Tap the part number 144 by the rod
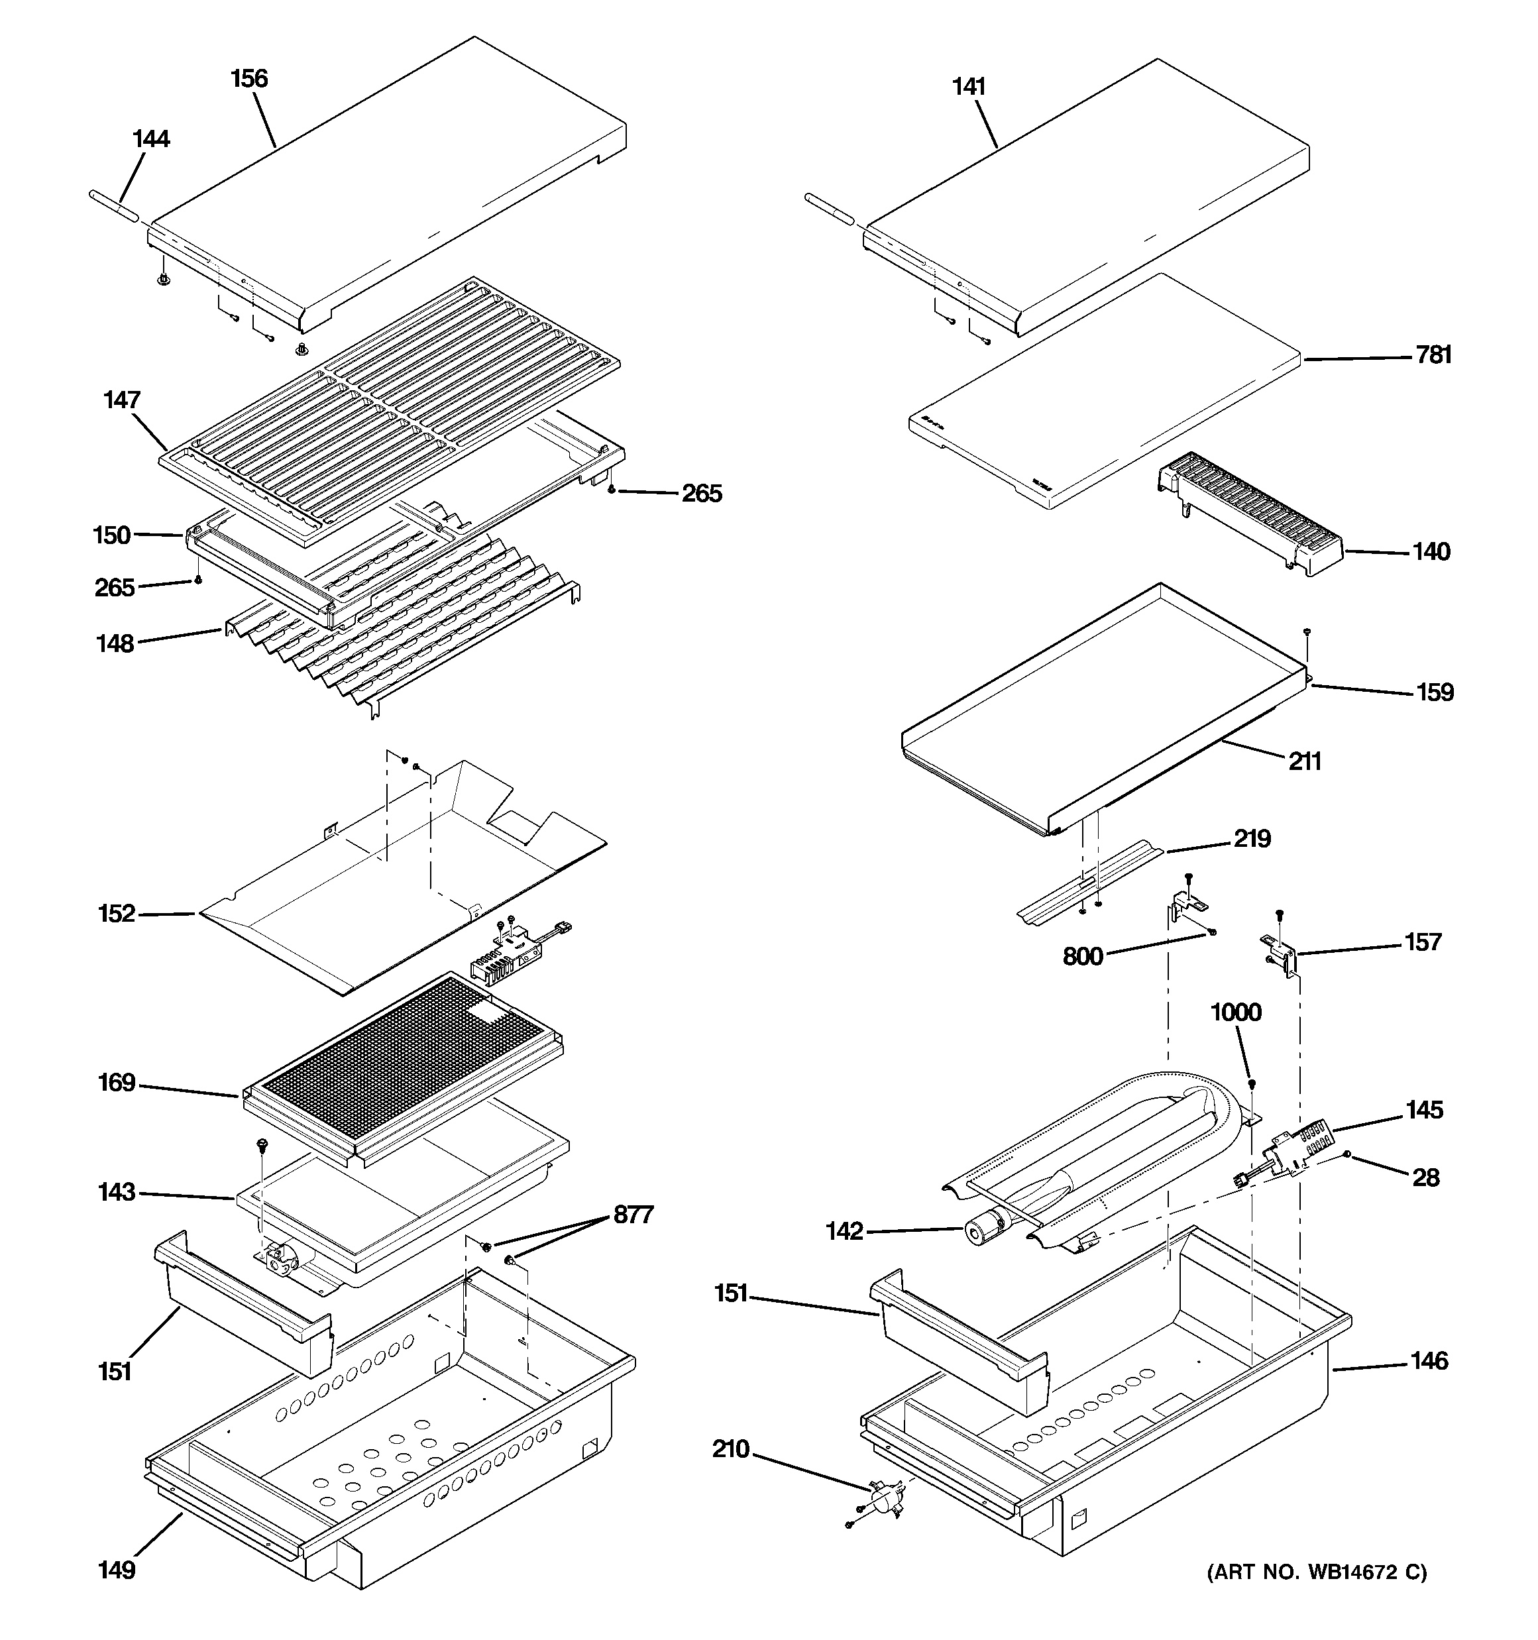point(151,138)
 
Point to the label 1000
point(1235,1012)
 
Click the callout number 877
point(633,1215)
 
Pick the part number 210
point(731,1449)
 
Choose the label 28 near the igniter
point(1426,1177)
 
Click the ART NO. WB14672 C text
point(1317,1572)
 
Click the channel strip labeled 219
point(1089,883)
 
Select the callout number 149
point(117,1570)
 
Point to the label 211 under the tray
point(1305,761)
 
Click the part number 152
point(117,913)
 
